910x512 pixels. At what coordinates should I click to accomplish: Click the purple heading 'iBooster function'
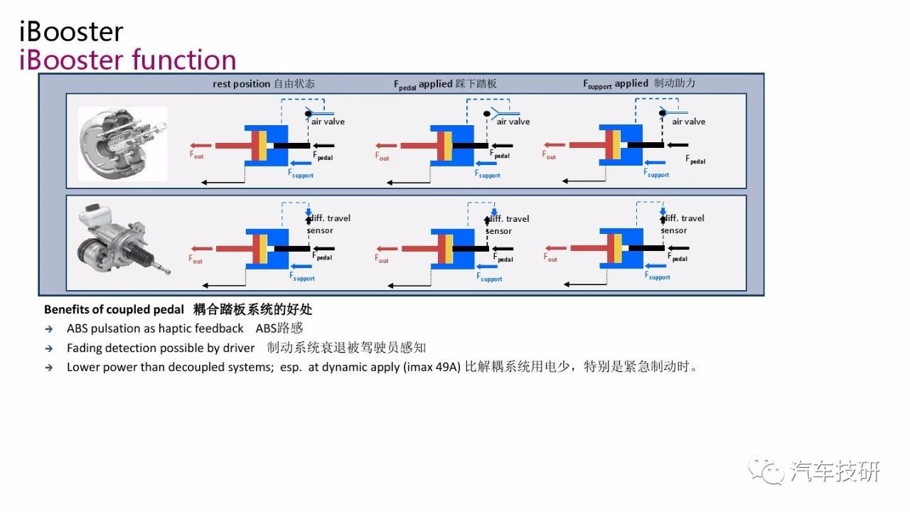[x=128, y=60]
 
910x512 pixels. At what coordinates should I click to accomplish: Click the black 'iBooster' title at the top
[x=71, y=31]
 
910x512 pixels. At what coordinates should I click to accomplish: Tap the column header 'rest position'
[x=242, y=84]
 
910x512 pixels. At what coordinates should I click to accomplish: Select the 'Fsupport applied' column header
[x=616, y=84]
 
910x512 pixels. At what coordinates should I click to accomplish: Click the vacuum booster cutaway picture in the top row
[x=122, y=144]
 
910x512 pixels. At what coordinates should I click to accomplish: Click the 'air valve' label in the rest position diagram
[x=328, y=122]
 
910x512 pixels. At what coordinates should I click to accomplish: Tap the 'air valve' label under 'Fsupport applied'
[x=689, y=122]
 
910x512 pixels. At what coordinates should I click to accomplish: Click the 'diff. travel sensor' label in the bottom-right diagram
[x=683, y=224]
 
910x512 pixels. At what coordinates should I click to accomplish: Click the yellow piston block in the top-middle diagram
[x=448, y=146]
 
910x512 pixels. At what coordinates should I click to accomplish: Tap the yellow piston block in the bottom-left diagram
[x=263, y=248]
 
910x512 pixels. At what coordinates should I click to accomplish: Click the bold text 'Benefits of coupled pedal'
[x=114, y=310]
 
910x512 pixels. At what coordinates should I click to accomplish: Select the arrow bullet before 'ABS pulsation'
[x=48, y=329]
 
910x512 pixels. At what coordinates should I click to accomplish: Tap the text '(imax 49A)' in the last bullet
[x=434, y=368]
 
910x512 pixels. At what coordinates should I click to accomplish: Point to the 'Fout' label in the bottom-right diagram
[x=550, y=257]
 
